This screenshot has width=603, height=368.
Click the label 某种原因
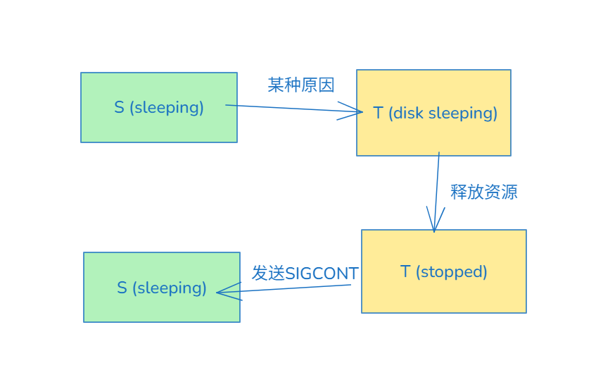point(301,85)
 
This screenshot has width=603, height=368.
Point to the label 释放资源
point(484,192)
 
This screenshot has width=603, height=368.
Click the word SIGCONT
point(322,274)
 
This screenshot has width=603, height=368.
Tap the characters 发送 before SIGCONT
point(268,274)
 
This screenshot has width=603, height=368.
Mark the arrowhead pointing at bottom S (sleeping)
point(221,293)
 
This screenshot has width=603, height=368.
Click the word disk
point(409,113)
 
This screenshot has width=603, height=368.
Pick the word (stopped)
point(452,271)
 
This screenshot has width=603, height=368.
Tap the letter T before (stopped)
point(405,271)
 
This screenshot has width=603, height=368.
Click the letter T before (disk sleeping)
point(379,113)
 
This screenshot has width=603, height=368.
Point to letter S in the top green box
point(119,107)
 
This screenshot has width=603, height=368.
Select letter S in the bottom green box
point(122,288)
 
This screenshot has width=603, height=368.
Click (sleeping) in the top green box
point(167,107)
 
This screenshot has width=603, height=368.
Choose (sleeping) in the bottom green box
point(170,288)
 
